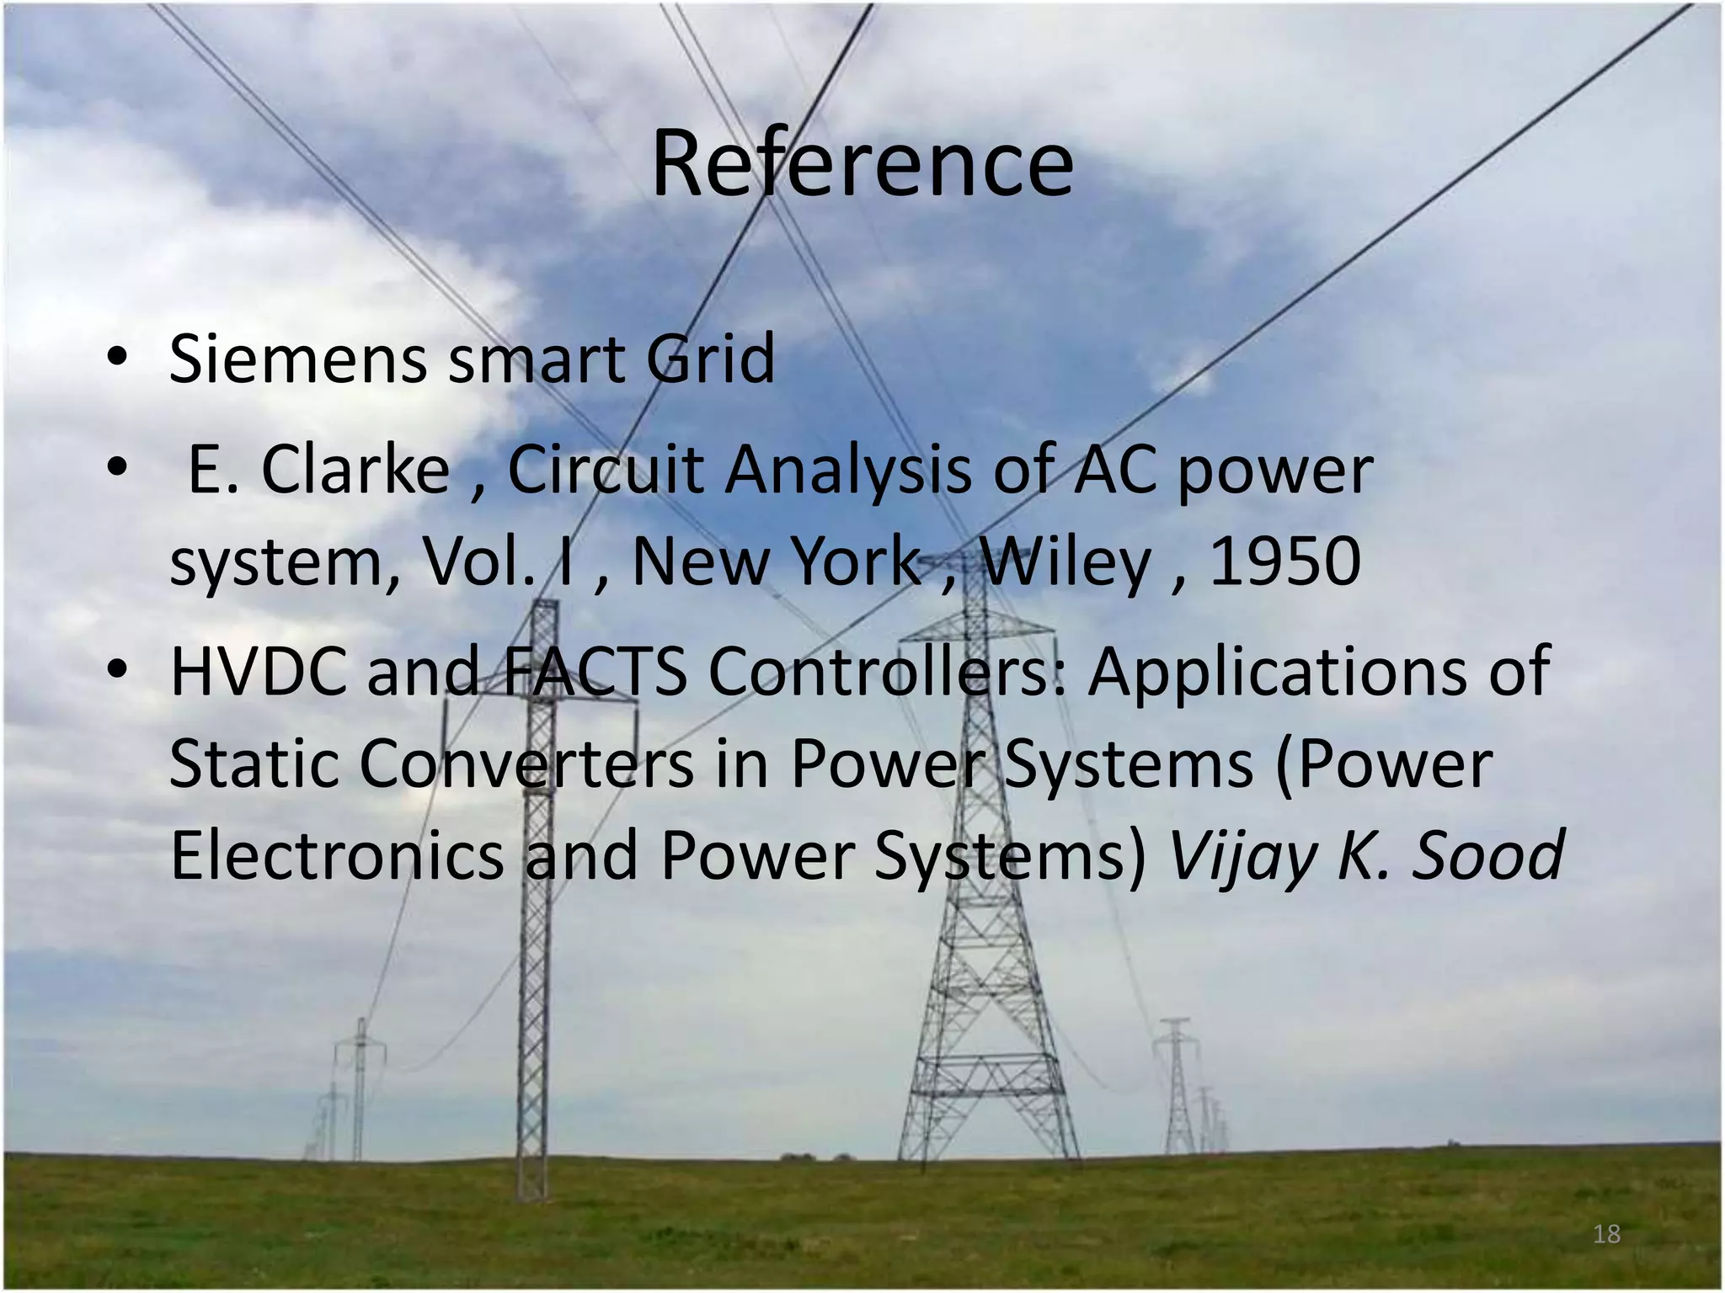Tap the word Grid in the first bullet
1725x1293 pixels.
[709, 359]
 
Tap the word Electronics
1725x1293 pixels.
[336, 855]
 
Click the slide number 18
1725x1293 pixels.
[1606, 1234]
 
